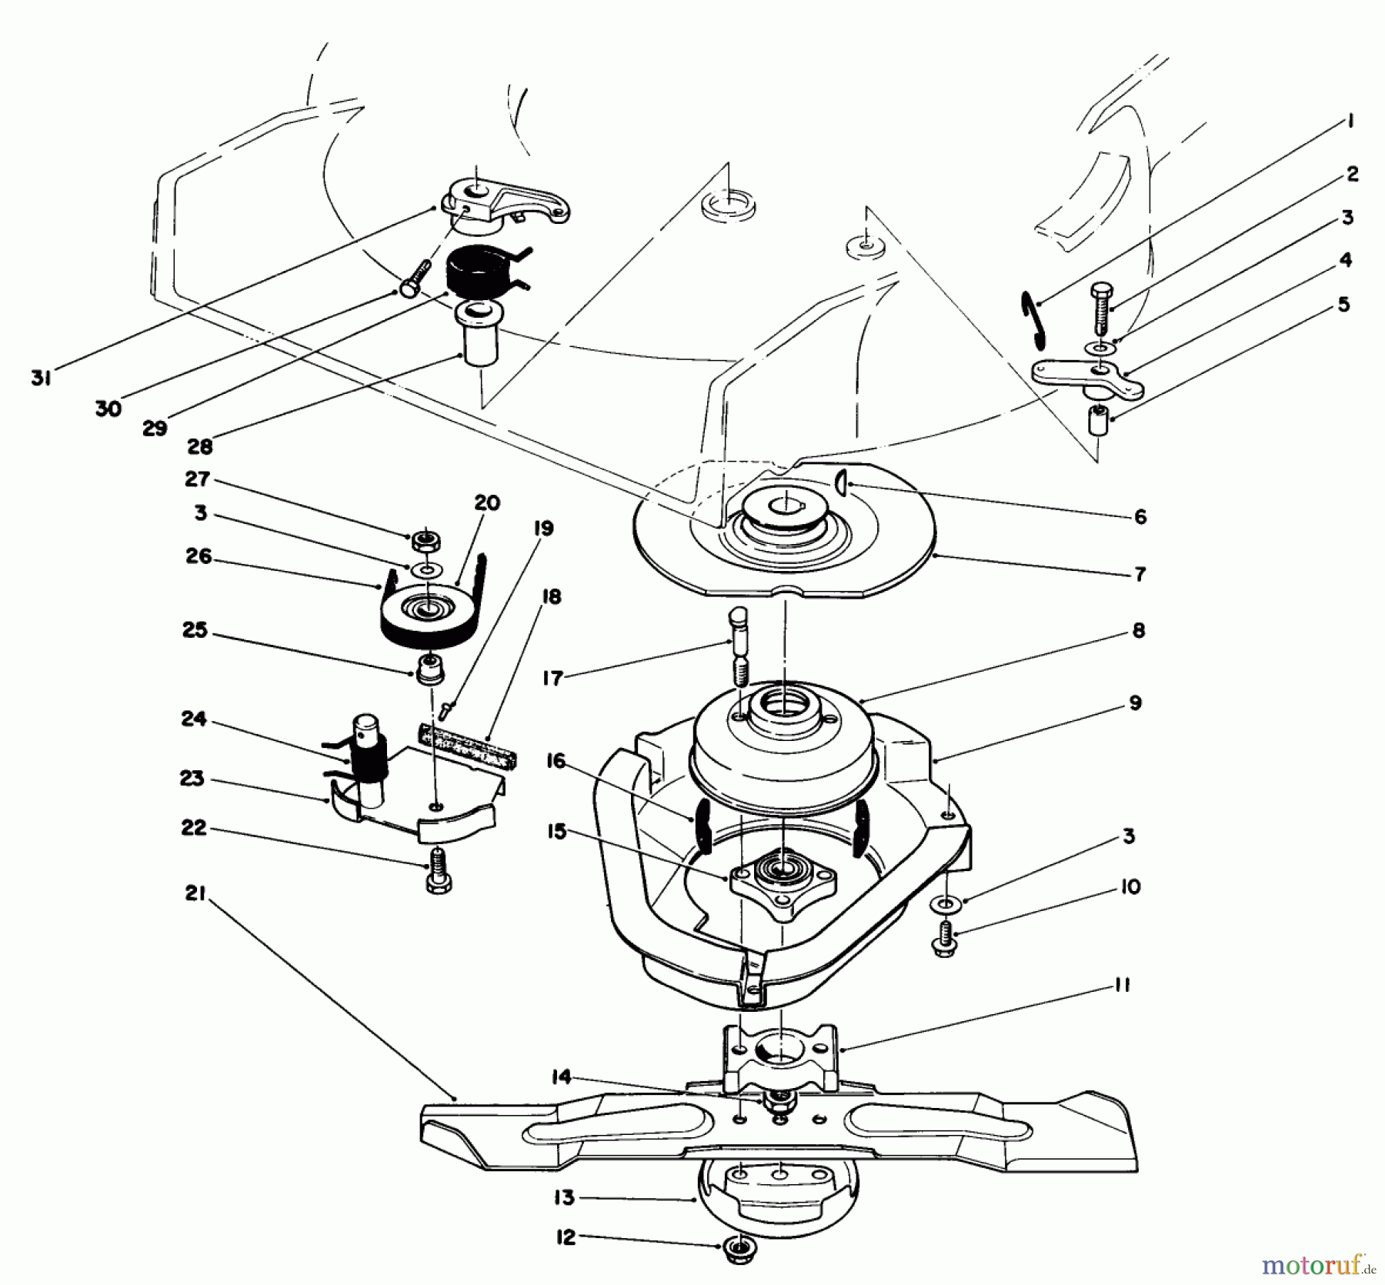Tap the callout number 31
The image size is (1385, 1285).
(41, 378)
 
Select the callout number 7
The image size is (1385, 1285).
(1140, 573)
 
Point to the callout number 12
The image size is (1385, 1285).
(565, 1239)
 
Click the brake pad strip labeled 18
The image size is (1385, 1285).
(467, 743)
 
